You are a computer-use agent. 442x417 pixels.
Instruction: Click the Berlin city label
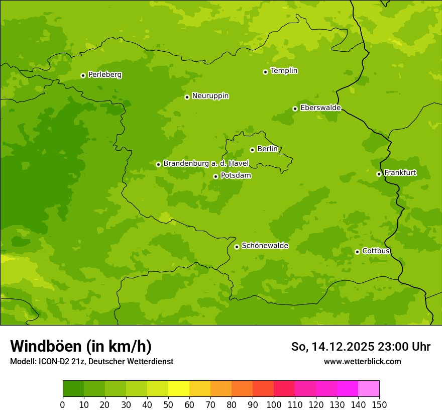pos(267,149)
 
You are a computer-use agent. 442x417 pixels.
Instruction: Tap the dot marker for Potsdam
pos(215,176)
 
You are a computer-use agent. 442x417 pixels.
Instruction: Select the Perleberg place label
pos(104,75)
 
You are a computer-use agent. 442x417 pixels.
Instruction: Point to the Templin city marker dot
pos(265,72)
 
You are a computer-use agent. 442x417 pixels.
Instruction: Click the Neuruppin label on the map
pos(210,96)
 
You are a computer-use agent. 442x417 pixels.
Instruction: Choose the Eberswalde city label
pos(320,108)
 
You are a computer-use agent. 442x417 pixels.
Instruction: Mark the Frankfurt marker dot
pos(379,174)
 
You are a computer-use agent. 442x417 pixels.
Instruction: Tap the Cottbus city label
pos(376,251)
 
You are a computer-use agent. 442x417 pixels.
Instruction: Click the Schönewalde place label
pos(265,246)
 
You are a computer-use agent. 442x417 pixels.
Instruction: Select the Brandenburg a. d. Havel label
pos(206,164)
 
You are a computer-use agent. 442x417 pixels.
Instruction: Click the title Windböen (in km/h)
pos(81,346)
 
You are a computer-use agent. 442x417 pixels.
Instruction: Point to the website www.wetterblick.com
pos(362,361)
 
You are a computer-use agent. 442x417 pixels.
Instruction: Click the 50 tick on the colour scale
pos(168,404)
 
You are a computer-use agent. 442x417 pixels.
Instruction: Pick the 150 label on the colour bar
pos(379,404)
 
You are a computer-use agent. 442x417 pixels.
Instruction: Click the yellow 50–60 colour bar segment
pos(179,389)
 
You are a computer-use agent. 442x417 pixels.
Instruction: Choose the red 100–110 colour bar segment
pos(284,389)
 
